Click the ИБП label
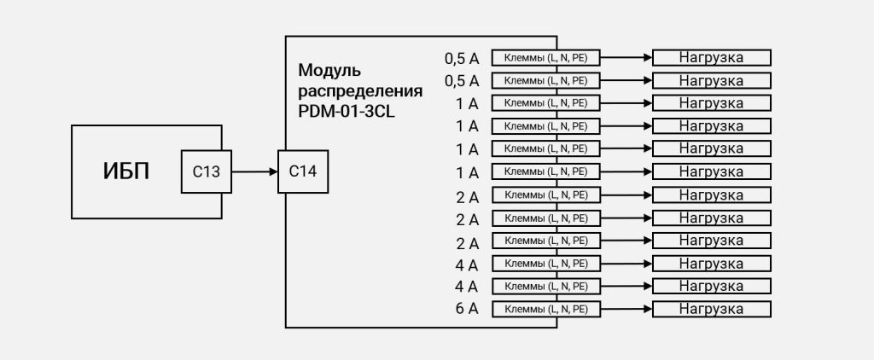(126, 171)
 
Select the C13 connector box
(207, 171)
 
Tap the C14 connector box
(303, 171)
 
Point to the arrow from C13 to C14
(254, 171)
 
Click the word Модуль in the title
(329, 71)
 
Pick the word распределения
(360, 91)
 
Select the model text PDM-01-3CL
(347, 112)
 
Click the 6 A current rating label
(467, 308)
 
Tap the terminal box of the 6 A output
(545, 309)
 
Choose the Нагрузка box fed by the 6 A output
(711, 309)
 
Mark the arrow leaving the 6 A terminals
(626, 309)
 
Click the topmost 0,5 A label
(462, 58)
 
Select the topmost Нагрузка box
(711, 57)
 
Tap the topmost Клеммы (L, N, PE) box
(545, 57)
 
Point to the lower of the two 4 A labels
(467, 287)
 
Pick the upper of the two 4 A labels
(467, 264)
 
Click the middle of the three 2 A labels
(467, 219)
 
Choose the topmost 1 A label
(467, 104)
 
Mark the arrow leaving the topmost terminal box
(626, 57)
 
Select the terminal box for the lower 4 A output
(545, 286)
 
